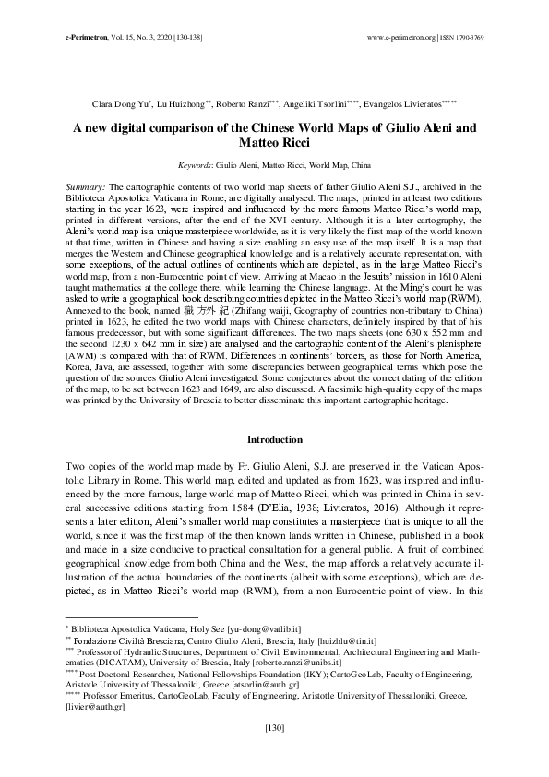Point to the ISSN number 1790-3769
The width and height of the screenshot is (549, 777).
pos(474,37)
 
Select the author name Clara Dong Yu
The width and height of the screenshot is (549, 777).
pos(121,106)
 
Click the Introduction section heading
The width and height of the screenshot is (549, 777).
pos(274,439)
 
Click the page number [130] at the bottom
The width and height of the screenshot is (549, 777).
pos(274,754)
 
